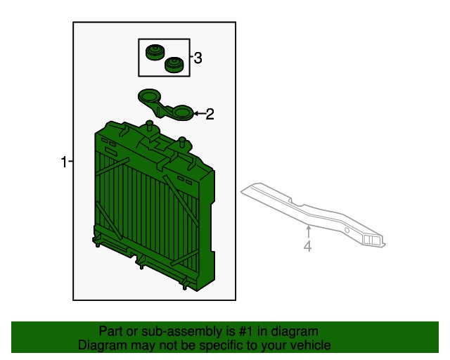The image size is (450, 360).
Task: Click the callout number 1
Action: (x=64, y=162)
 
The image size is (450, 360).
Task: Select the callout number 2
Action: (x=210, y=115)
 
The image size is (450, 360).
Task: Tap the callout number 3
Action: (x=198, y=58)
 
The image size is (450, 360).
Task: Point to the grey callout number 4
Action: (x=307, y=247)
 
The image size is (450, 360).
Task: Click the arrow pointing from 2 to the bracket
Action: (x=200, y=114)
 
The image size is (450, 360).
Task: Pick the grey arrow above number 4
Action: (x=309, y=232)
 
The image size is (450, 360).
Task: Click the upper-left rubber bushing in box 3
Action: (x=155, y=53)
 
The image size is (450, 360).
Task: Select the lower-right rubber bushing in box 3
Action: (x=174, y=65)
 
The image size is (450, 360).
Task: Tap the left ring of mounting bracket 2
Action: (x=149, y=96)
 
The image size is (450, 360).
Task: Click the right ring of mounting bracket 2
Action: (x=183, y=112)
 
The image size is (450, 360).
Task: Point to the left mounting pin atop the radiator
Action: (x=149, y=126)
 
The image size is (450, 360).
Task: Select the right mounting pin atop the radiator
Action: (x=182, y=142)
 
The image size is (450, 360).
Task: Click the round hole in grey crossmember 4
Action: (x=347, y=230)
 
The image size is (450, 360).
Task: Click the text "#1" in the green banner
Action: (x=246, y=332)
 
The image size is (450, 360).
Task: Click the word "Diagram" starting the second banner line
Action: (x=98, y=345)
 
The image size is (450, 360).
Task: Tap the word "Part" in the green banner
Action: (x=110, y=332)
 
